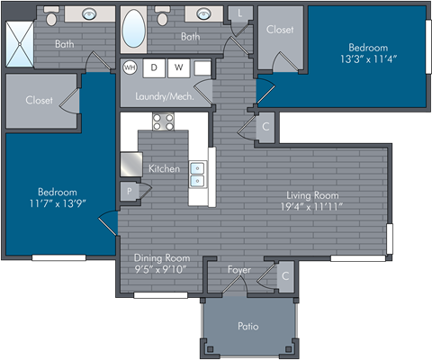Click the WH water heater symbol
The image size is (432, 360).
129,67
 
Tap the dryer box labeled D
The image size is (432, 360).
154,67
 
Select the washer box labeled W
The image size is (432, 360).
178,67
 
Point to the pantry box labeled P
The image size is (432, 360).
130,191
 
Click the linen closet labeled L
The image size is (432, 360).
239,13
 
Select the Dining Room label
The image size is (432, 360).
160,258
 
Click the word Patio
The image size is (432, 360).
247,326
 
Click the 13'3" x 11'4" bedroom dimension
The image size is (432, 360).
368,60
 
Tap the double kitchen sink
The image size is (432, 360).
198,169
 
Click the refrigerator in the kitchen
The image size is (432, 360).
131,164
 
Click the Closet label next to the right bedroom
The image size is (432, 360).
279,30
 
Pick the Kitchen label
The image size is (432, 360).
164,168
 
